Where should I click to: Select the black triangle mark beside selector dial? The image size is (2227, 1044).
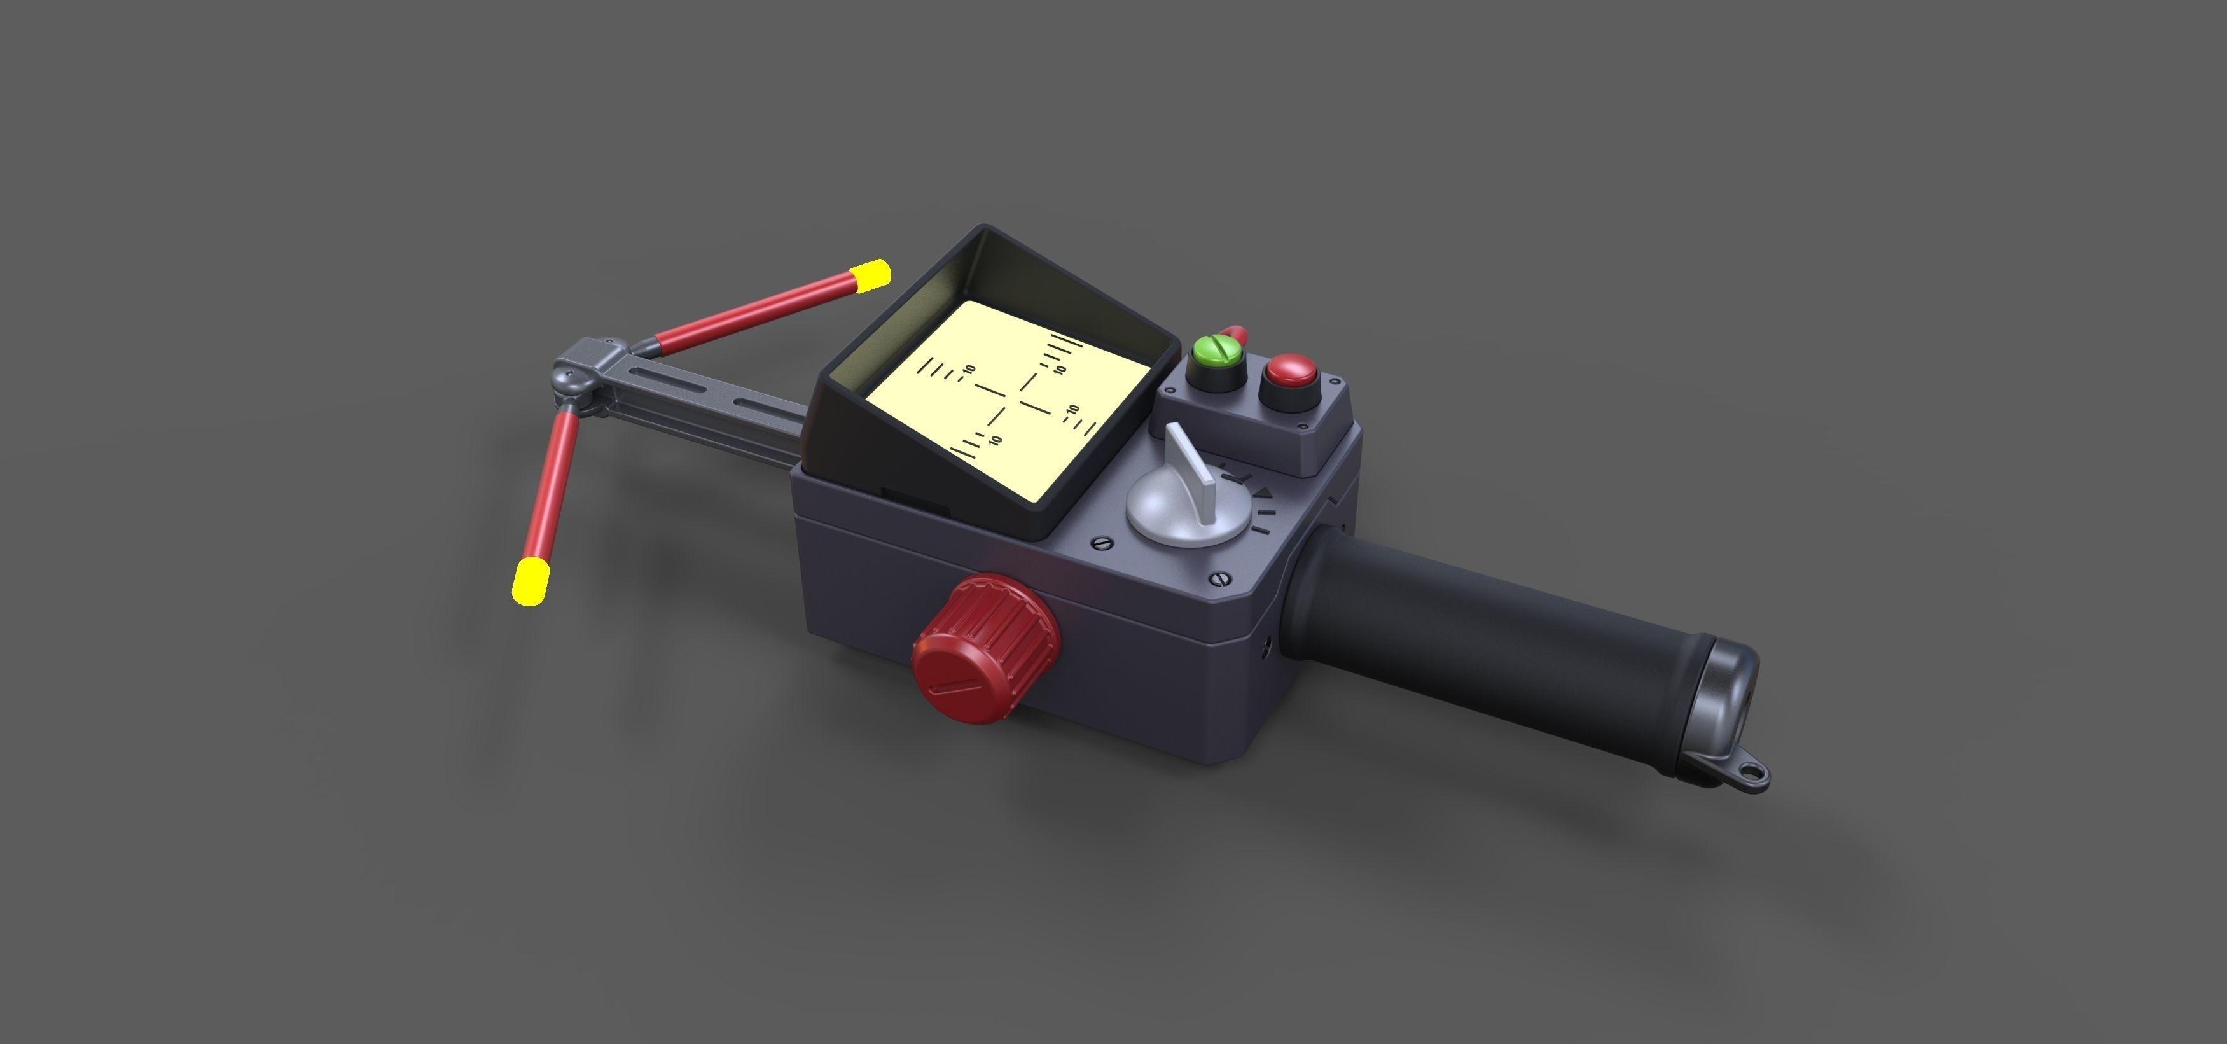(1263, 493)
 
